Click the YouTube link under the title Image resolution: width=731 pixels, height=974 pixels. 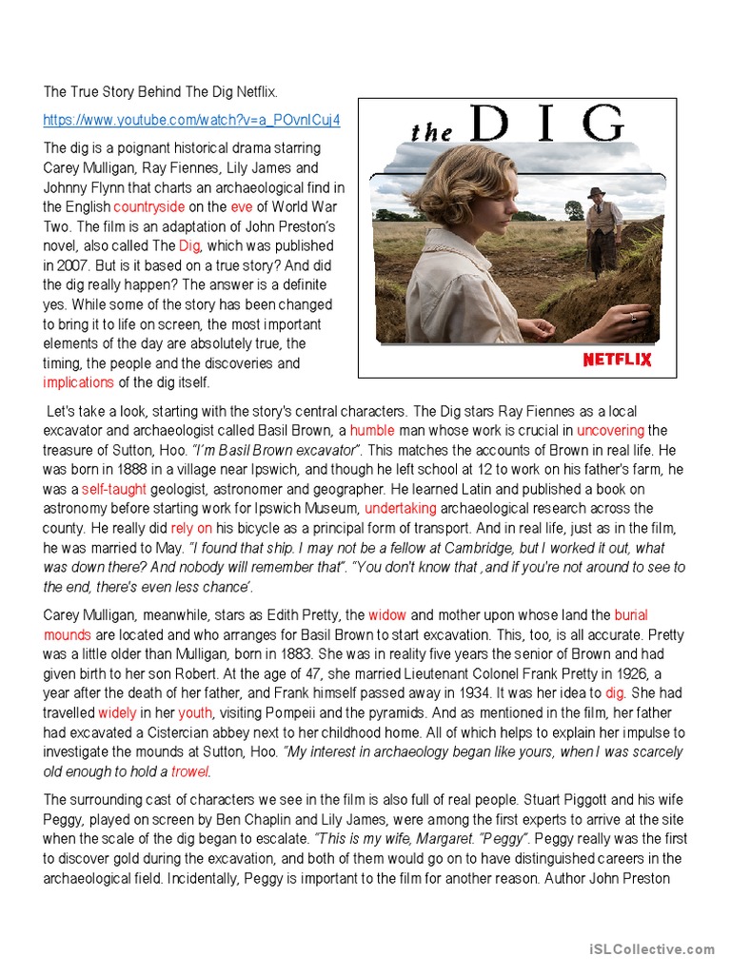[x=191, y=120]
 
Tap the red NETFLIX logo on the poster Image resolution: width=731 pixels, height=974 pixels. [x=617, y=359]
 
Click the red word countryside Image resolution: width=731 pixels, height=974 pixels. [x=149, y=206]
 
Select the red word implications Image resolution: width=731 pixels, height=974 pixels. [x=78, y=382]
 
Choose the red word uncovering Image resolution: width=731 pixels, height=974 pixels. [x=610, y=430]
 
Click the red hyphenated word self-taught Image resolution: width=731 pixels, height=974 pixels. [x=113, y=489]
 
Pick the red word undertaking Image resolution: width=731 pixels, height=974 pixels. [x=400, y=509]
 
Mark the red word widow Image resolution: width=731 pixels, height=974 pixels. [x=387, y=615]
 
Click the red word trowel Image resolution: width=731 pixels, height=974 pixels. [x=189, y=771]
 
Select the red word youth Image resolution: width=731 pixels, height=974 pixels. [x=195, y=712]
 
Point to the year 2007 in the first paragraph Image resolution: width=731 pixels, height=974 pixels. [x=76, y=265]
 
